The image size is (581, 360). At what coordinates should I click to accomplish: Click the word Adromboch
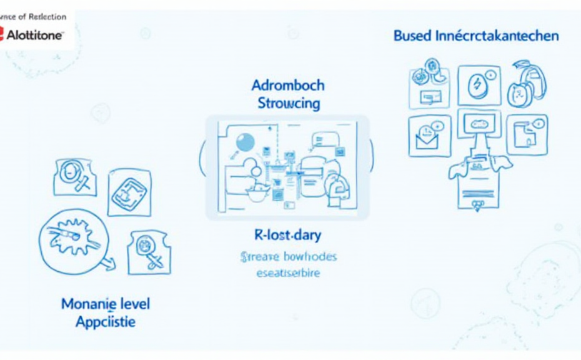coord(287,85)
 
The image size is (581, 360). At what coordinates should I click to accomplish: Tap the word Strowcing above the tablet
coord(289,102)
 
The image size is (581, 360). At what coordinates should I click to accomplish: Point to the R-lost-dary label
coord(288,236)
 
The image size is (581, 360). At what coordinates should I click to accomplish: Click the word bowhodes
coord(310,256)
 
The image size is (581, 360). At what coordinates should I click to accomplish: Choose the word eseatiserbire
coord(288,272)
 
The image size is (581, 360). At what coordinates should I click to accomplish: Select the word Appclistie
coord(105,322)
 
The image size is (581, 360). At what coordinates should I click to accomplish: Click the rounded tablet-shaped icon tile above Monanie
coord(130,193)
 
